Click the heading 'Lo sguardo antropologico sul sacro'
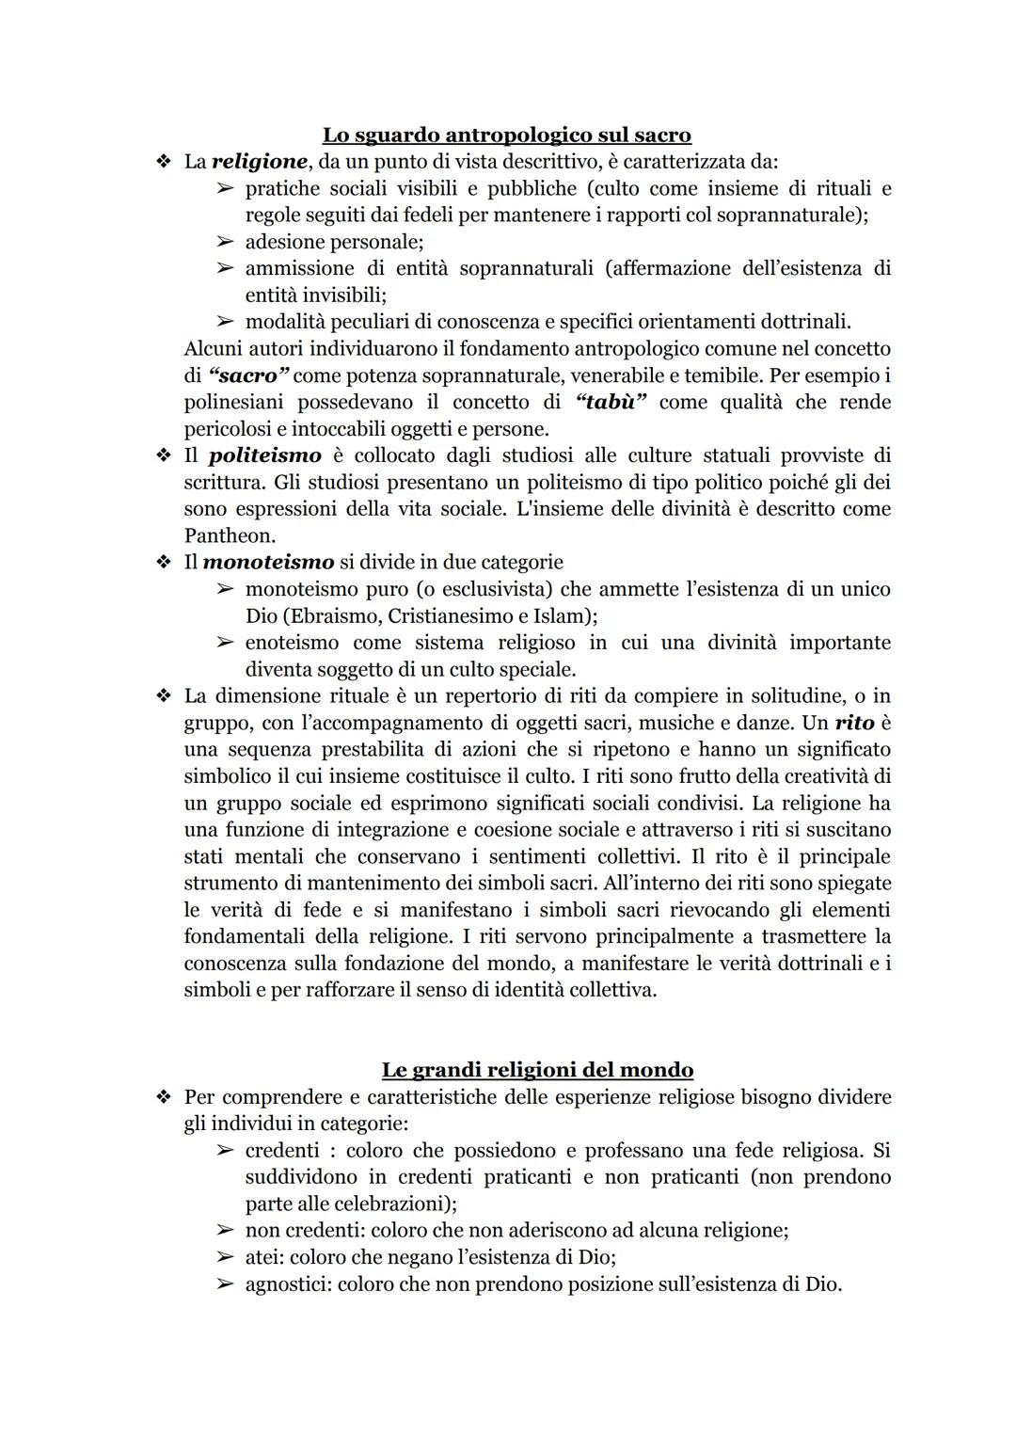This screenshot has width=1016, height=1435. [507, 135]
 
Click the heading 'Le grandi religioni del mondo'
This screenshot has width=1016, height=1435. [537, 1070]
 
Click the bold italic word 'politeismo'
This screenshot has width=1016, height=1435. [264, 456]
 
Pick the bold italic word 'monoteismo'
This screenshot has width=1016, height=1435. [268, 563]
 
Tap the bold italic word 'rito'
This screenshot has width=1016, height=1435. [854, 724]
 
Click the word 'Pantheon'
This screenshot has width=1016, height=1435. [230, 536]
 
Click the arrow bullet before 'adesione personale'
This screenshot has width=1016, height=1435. [224, 242]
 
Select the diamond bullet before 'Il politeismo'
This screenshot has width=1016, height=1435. [164, 456]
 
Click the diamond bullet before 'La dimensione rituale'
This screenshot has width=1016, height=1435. [164, 696]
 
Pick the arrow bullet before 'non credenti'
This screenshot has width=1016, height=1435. [224, 1230]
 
